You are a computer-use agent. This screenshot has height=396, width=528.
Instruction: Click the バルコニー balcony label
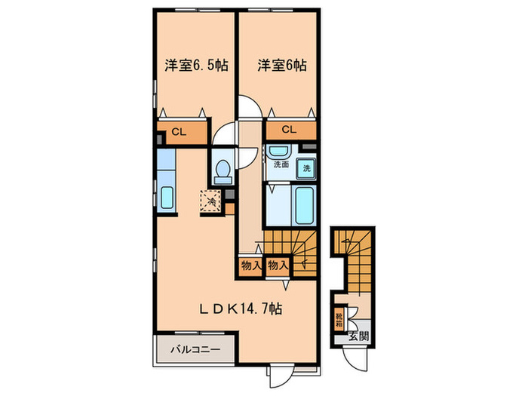tap(195, 350)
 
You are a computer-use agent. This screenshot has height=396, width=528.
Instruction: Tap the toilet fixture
tap(222, 172)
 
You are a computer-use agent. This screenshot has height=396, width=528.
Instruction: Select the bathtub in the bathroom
tap(306, 204)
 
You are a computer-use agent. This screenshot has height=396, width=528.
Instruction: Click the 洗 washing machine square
tap(305, 168)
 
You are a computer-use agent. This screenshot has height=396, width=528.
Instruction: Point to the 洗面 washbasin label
tap(281, 164)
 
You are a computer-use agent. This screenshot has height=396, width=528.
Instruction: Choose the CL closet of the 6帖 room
tap(289, 130)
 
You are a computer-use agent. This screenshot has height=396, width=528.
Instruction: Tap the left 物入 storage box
tap(250, 265)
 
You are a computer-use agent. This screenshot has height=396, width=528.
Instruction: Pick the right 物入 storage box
tap(277, 265)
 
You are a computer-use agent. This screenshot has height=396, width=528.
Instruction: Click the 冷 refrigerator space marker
tap(210, 201)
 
